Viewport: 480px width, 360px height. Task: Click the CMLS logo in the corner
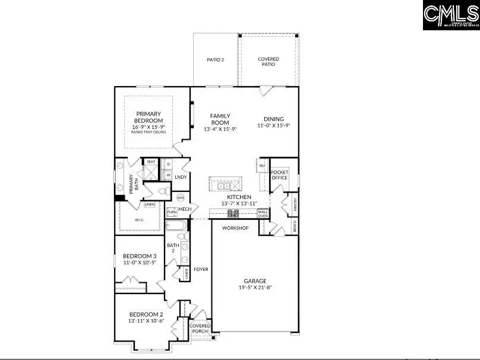tap(451, 15)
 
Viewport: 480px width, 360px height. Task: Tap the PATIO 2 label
tap(215, 59)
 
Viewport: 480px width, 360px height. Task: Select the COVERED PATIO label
tap(268, 61)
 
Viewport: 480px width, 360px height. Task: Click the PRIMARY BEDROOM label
tap(149, 117)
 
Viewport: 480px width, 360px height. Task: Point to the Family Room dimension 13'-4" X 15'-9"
tap(220, 129)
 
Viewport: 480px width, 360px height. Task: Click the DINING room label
tap(270, 119)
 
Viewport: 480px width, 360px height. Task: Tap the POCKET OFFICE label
tap(279, 175)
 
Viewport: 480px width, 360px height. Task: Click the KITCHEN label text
tap(239, 197)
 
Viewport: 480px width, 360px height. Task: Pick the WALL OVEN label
tap(263, 213)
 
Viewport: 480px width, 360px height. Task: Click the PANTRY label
tap(295, 204)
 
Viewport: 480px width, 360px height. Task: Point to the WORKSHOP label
tap(235, 228)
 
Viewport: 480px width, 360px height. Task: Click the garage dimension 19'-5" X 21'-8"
tap(255, 288)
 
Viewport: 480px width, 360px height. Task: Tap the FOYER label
tap(201, 269)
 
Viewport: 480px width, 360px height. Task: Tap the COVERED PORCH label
tap(200, 329)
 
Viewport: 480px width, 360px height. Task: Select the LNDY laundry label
tap(181, 176)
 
